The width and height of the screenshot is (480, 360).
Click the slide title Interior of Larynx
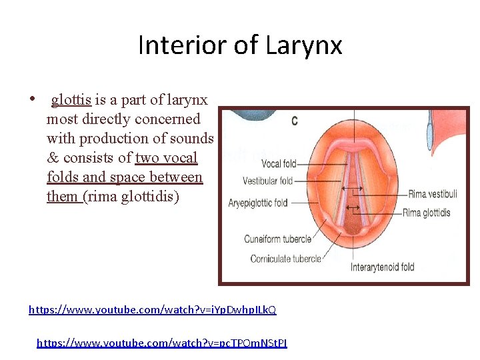(x=240, y=45)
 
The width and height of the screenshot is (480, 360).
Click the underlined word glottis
(x=71, y=100)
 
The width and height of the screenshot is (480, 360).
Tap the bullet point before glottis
(x=32, y=100)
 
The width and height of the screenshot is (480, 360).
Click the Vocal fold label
(x=279, y=164)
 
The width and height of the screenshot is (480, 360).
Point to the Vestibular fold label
(x=268, y=181)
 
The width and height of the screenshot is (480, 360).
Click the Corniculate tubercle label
(x=285, y=259)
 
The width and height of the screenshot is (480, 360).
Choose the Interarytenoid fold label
(x=382, y=267)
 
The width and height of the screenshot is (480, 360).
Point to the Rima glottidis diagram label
(x=426, y=213)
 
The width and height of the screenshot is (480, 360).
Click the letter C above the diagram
(x=295, y=121)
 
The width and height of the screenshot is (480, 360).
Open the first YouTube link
(x=152, y=310)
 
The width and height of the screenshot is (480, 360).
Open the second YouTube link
(x=161, y=343)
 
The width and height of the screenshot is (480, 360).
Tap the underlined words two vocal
(x=166, y=158)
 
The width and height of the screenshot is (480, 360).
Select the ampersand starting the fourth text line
(x=53, y=158)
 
